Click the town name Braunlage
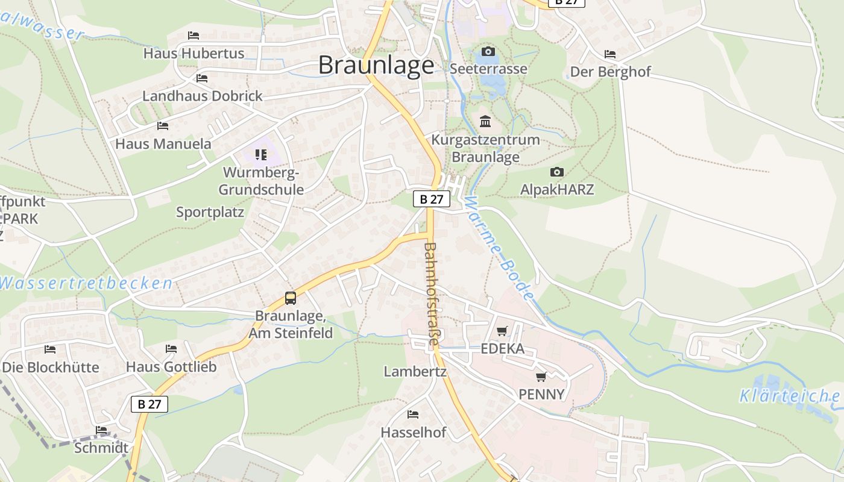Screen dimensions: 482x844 [376, 65]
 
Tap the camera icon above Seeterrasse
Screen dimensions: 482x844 [488, 52]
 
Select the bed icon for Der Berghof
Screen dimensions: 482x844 [610, 55]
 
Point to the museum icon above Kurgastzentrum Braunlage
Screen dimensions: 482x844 [485, 122]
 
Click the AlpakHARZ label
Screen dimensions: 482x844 [557, 190]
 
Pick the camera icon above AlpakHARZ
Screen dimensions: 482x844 [557, 172]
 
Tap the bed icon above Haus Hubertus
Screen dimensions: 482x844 [194, 36]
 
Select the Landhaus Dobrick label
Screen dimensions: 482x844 [203, 96]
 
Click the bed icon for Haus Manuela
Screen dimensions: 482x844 [163, 126]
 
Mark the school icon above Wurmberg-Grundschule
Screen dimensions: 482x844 [260, 155]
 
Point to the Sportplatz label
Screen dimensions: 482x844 [210, 212]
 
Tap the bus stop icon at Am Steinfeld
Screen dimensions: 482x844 [291, 298]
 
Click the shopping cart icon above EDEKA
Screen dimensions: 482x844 [502, 331]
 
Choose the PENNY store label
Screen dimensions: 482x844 [542, 395]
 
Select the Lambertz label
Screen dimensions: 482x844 [415, 372]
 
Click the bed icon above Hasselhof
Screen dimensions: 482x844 [413, 415]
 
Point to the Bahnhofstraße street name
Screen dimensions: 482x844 [430, 294]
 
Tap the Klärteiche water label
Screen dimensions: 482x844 [789, 396]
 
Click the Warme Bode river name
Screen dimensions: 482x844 [500, 247]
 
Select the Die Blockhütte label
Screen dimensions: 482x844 [51, 367]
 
